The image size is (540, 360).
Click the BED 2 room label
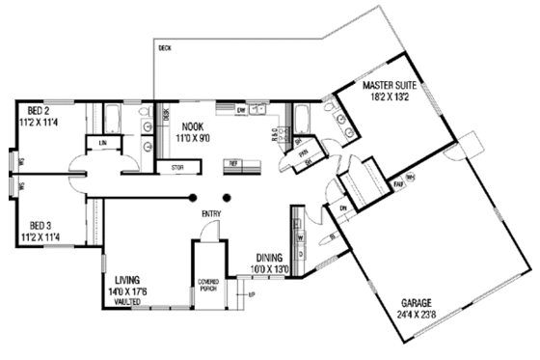pos(39,108)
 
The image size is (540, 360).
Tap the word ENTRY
pos(211,213)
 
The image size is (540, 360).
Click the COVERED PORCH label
pos(208,285)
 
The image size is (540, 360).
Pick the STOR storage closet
pos(177,167)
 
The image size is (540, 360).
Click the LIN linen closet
pos(101,142)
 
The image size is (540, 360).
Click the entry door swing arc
pos(206,232)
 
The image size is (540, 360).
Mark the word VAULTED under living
pos(129,301)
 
